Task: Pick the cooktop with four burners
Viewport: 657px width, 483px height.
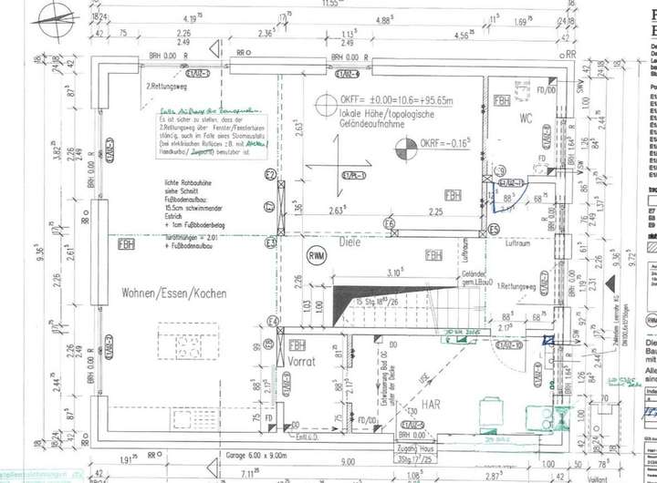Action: click(x=189, y=346)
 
